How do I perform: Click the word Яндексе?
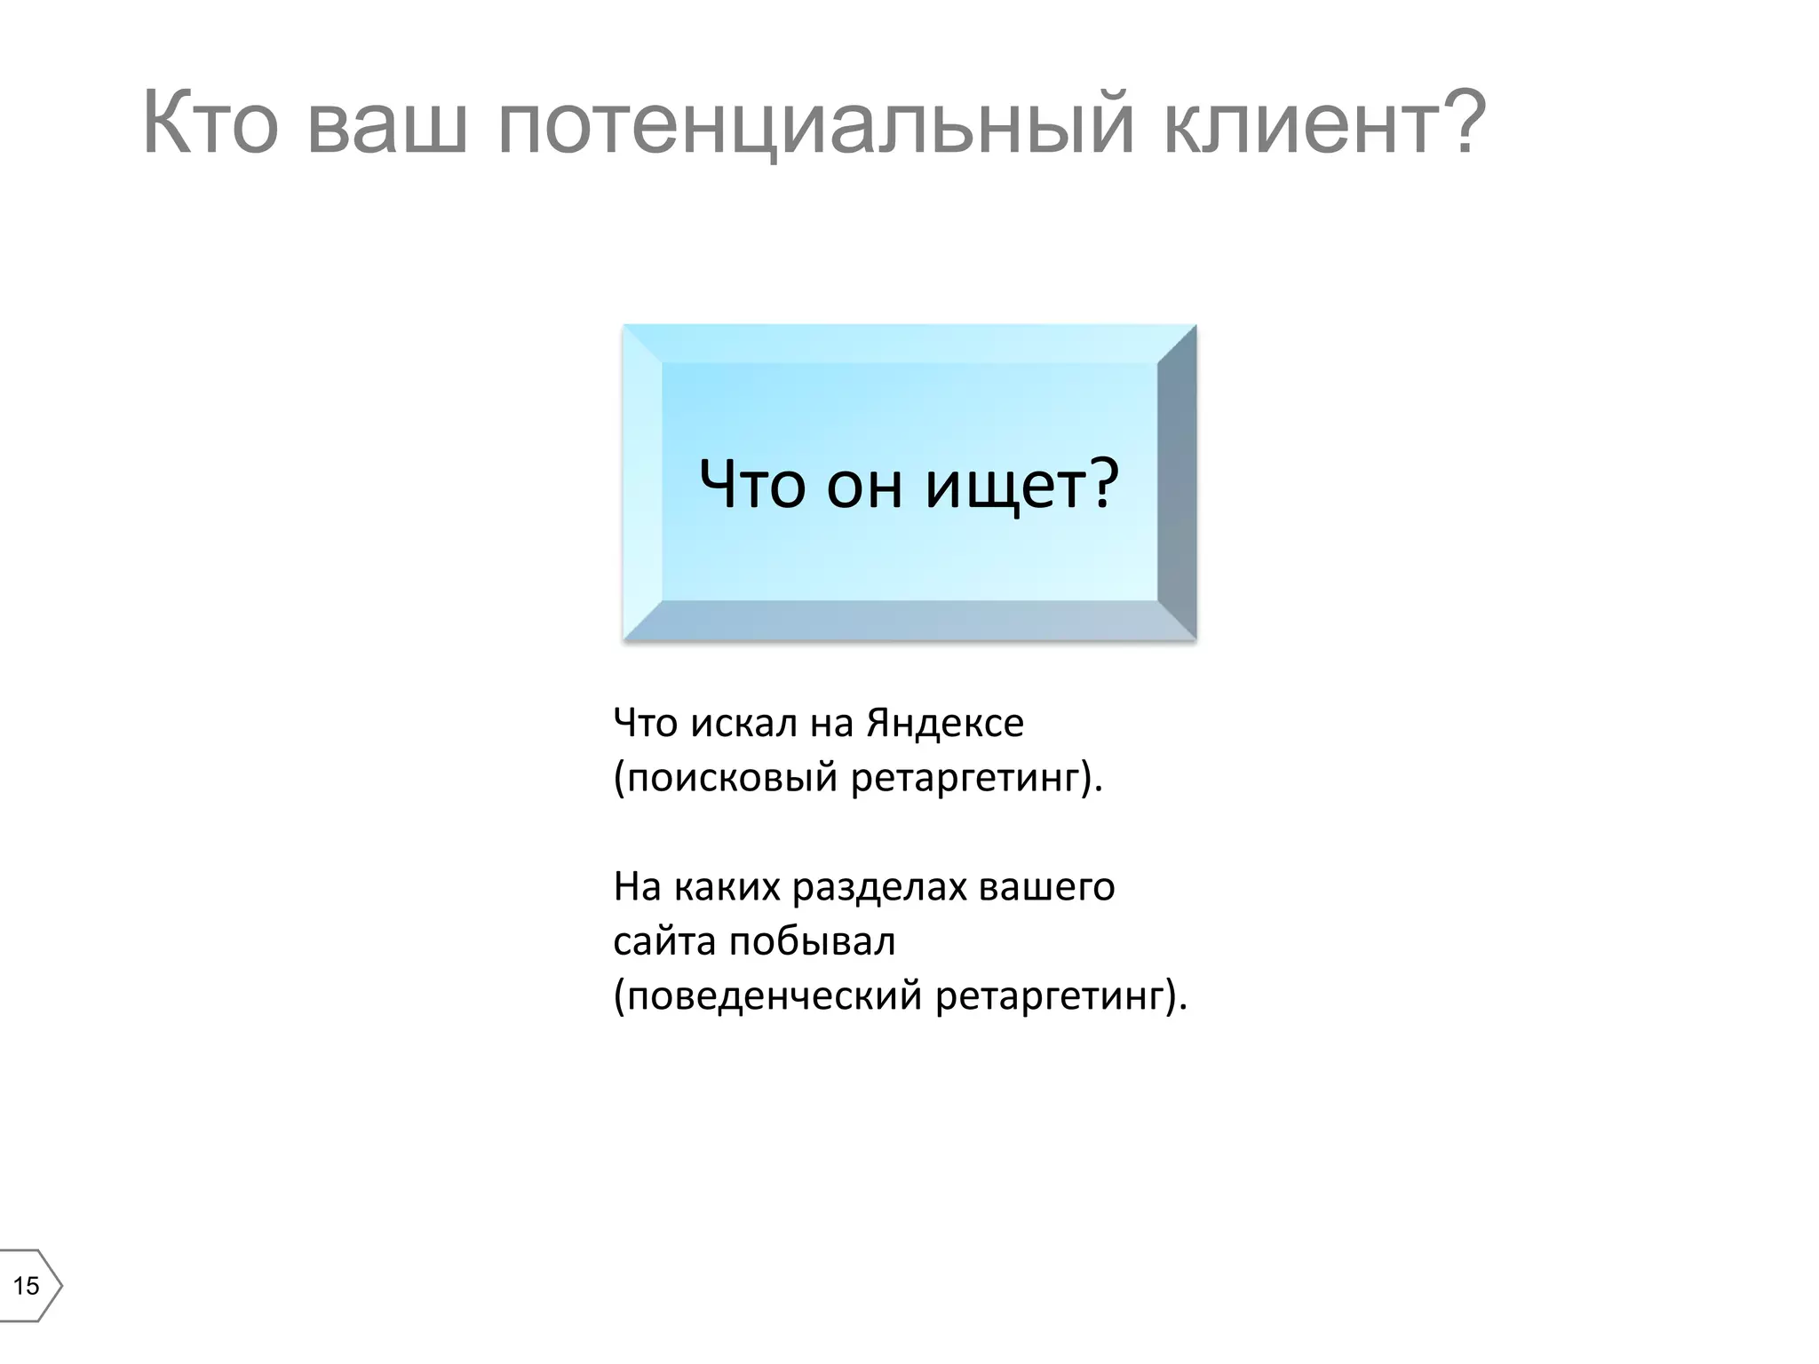click(945, 723)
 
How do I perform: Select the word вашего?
click(1046, 886)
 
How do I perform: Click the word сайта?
click(664, 941)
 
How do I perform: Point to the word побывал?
click(812, 941)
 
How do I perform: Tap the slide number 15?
click(26, 1285)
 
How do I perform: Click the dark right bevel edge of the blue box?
click(1178, 481)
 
